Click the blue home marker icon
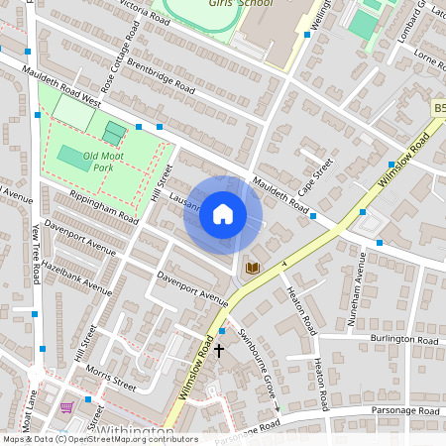point(223,214)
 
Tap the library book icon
point(252,268)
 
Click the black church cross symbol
point(219,350)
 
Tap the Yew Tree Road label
point(38,252)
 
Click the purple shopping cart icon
point(66,407)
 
